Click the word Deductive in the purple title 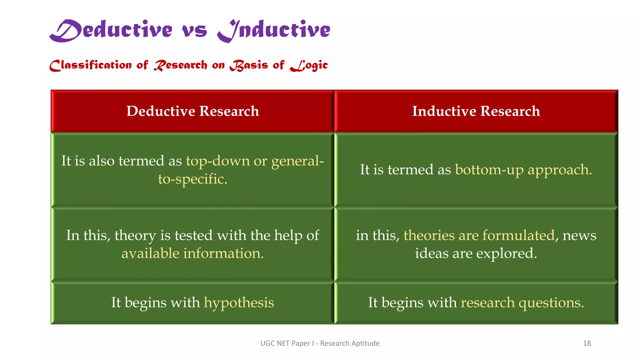coord(111,30)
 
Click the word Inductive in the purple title coord(274,30)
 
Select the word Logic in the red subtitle coord(309,65)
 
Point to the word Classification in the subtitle coord(91,65)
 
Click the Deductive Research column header coord(192,111)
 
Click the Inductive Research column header coord(476,111)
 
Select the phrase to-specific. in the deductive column coord(192,179)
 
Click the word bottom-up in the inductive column coord(489,170)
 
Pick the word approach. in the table coord(560,170)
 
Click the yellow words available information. coord(192,253)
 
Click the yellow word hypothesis coord(239,303)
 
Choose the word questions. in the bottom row coord(551,303)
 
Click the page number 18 coord(587,343)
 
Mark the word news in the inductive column coord(579,235)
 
